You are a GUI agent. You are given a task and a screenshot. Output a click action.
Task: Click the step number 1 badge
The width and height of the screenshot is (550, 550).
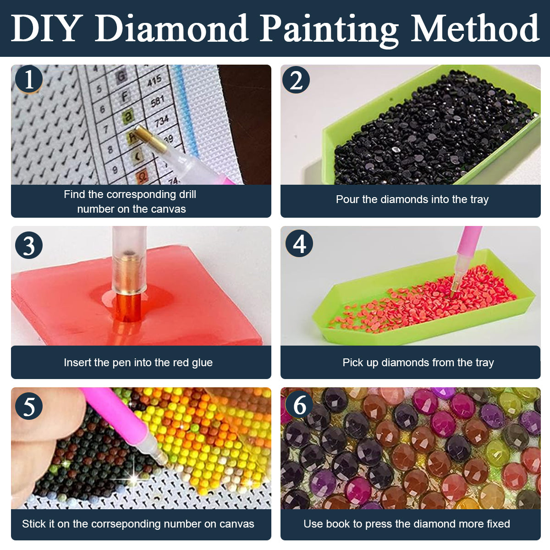(x=29, y=79)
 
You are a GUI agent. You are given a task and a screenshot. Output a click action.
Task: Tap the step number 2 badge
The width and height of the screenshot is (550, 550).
(x=296, y=80)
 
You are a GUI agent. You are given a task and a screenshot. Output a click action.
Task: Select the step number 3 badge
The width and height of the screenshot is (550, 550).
(x=29, y=245)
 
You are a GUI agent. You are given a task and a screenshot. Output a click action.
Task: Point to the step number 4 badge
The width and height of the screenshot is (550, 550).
(x=299, y=243)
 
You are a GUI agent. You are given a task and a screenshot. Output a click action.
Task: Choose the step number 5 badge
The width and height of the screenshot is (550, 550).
(x=29, y=406)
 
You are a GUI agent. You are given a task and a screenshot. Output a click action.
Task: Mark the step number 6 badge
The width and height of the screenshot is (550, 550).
(x=299, y=405)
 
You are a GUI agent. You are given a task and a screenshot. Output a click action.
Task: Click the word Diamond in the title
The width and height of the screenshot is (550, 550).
(x=171, y=28)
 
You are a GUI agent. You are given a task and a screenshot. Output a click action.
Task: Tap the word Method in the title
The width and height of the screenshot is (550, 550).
(x=475, y=28)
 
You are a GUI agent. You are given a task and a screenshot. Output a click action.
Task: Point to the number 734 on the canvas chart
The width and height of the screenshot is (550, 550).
(x=162, y=121)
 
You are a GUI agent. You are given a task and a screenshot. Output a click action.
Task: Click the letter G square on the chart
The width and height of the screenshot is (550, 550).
(x=121, y=76)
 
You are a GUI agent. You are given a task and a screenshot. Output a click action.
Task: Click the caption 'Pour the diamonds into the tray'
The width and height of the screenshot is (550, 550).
(x=412, y=199)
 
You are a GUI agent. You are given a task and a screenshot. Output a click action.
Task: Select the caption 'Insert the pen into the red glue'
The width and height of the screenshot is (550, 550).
(x=138, y=363)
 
